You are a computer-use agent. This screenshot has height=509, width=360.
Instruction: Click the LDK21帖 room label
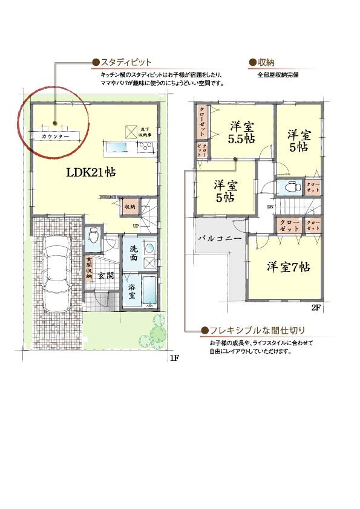pyautogui.click(x=91, y=172)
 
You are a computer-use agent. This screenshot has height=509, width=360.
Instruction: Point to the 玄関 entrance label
pyautogui.click(x=105, y=276)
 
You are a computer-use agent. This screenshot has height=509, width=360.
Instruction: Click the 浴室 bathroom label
pyautogui.click(x=131, y=292)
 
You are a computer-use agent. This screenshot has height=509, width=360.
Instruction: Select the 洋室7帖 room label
pyautogui.click(x=289, y=267)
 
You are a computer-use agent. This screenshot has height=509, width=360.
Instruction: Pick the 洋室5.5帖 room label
pyautogui.click(x=241, y=132)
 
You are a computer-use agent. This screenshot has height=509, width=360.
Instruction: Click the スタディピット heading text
pyautogui.click(x=125, y=62)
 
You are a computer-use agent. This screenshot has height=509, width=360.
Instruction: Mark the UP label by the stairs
pyautogui.click(x=136, y=227)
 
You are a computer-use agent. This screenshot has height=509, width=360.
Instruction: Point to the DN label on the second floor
pyautogui.click(x=270, y=207)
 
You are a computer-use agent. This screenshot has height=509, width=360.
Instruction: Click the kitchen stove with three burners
pyautogui.click(x=146, y=147)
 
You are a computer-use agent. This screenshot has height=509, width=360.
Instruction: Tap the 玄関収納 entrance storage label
pyautogui.click(x=88, y=267)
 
